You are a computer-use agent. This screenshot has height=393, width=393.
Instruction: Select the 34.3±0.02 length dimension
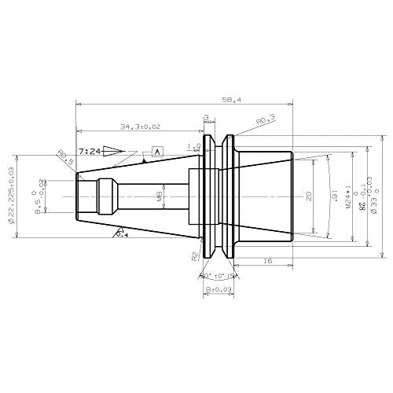coord(142,126)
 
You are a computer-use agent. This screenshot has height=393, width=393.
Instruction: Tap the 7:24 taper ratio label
coord(89,149)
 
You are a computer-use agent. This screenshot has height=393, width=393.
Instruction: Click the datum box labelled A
coord(157,150)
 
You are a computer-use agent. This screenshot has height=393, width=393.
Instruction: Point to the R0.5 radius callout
coord(65,160)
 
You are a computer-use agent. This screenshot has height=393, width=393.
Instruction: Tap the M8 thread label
coord(160,196)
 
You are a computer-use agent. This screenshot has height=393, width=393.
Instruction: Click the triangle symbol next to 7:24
coord(114,149)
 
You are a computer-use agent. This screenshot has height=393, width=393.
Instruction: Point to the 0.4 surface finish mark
coord(122,233)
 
